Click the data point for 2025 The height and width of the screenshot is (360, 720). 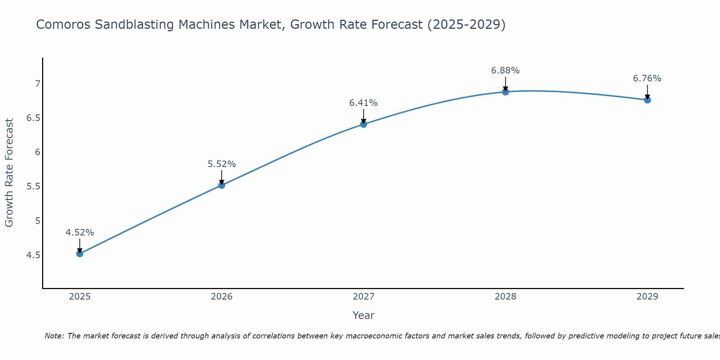[80, 254]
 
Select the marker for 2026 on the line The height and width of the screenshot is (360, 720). [222, 185]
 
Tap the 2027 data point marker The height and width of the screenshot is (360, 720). [364, 124]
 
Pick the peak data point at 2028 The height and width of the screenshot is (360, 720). [505, 92]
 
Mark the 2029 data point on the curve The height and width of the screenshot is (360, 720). [647, 100]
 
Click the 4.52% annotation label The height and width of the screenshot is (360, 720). [80, 233]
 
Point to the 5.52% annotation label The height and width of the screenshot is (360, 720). [222, 164]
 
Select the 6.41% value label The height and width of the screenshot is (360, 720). [364, 103]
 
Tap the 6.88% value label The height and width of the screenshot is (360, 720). [505, 71]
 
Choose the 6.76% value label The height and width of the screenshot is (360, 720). [647, 78]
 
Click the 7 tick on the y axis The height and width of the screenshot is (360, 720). [37, 84]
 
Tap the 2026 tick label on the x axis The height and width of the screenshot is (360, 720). [222, 297]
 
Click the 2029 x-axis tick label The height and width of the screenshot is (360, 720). [647, 297]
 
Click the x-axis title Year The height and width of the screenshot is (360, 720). [364, 315]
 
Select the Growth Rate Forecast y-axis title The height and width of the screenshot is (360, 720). [9, 173]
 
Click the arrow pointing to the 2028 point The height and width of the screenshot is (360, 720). [505, 84]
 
